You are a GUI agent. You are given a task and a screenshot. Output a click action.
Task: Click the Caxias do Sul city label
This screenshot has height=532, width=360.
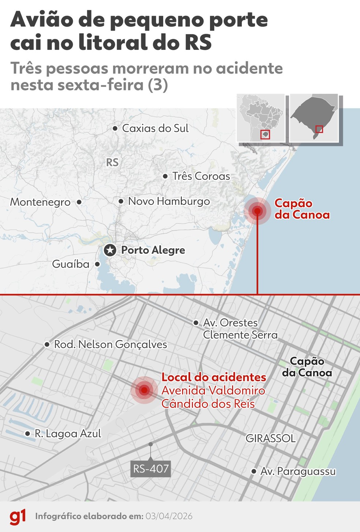click(x=155, y=128)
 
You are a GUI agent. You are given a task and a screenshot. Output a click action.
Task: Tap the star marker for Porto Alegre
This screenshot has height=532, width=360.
click(x=110, y=250)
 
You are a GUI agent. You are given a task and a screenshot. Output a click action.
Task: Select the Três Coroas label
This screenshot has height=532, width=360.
click(x=201, y=176)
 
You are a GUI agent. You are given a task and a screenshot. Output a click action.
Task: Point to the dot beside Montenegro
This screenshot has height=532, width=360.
click(x=79, y=202)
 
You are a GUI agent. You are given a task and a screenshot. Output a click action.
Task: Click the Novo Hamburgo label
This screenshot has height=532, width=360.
click(x=169, y=201)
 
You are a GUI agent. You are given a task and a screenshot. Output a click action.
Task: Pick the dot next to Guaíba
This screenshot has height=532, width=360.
click(x=97, y=264)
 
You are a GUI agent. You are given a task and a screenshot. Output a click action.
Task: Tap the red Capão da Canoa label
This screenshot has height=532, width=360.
click(x=302, y=209)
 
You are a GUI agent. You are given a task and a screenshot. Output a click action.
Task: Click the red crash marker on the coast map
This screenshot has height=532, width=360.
click(x=257, y=211)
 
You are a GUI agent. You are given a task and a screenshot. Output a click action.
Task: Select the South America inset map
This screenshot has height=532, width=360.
click(x=260, y=118)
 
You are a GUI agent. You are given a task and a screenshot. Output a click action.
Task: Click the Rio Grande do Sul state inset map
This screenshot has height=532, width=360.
click(x=314, y=118)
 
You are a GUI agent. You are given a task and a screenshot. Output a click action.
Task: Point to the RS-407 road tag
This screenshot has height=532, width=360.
click(x=151, y=469)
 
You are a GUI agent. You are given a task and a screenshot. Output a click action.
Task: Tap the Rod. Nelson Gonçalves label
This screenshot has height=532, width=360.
click(x=110, y=345)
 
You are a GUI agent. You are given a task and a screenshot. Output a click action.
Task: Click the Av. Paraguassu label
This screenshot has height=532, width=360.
click(x=298, y=471)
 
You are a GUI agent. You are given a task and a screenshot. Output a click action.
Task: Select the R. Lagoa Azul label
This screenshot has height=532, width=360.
click(x=68, y=434)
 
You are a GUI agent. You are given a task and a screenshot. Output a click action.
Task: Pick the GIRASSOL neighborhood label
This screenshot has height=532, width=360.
click(x=270, y=438)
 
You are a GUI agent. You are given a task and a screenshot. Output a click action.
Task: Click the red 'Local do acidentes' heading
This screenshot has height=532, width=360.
click(x=214, y=377)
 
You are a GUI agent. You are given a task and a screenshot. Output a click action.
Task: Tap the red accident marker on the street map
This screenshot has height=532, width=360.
click(x=144, y=390)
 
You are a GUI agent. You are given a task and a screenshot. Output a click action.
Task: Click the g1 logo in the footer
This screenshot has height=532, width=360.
click(x=18, y=517)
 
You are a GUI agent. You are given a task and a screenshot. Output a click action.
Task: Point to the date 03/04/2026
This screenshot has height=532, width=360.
click(x=169, y=516)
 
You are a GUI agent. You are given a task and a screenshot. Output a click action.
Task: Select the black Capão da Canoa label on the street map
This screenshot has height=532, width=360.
click(x=307, y=367)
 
